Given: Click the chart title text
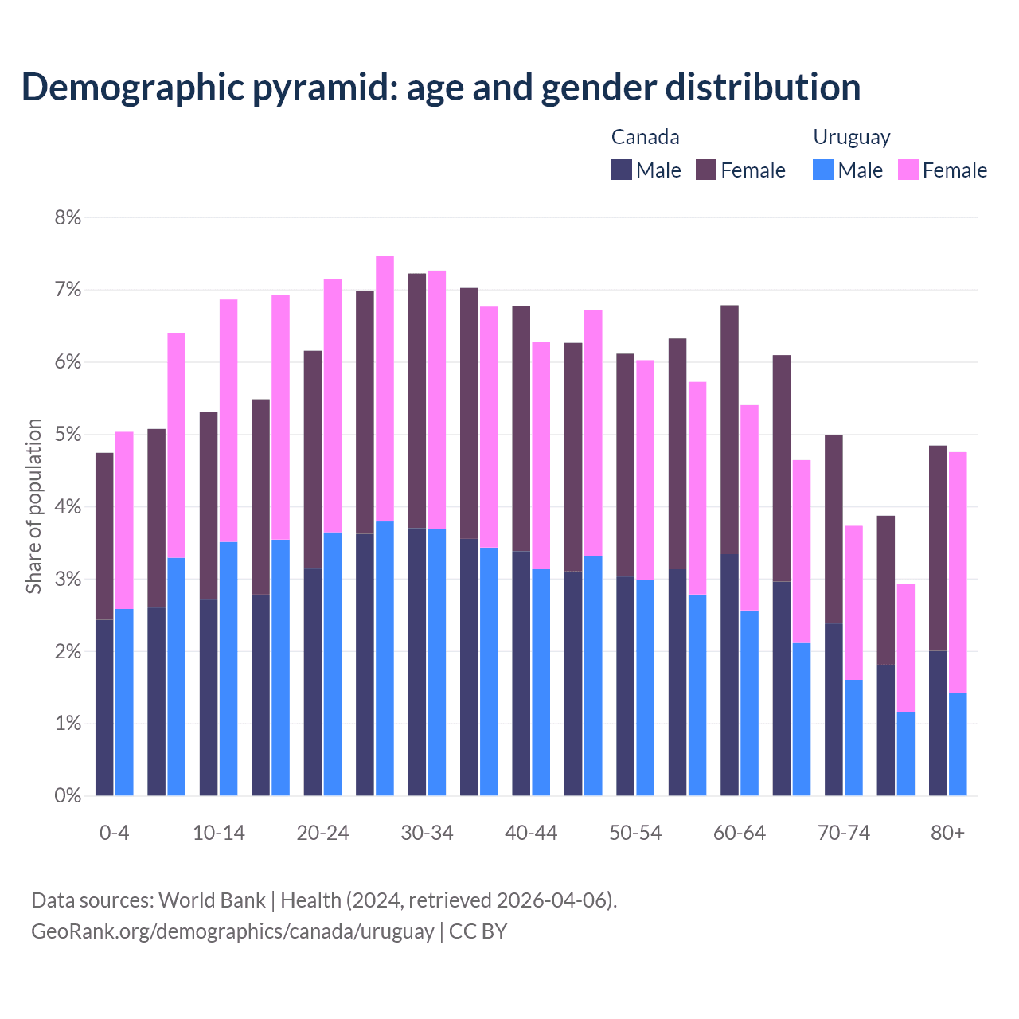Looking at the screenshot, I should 441,87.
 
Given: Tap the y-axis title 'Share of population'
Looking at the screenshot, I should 33,506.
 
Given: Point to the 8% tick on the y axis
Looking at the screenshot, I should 68,217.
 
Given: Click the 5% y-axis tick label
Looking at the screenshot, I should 68,435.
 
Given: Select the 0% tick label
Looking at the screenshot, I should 68,795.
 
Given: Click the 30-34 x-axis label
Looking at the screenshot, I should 427,833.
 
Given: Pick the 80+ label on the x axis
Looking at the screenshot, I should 947,833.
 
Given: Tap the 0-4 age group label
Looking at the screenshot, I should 114,833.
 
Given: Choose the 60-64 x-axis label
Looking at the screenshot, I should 739,833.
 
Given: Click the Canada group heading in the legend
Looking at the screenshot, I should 645,137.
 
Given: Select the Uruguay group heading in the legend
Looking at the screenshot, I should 851,137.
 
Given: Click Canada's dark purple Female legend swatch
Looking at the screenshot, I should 706,170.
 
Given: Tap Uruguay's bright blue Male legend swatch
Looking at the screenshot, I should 823,170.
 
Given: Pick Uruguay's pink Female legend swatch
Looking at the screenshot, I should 908,170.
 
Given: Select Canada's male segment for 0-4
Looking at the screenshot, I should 104,707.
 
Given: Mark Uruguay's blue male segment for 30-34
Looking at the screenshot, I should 437,662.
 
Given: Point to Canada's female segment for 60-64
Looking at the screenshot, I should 729,429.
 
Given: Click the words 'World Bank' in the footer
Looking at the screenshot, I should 212,900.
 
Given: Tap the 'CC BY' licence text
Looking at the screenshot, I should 478,931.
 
